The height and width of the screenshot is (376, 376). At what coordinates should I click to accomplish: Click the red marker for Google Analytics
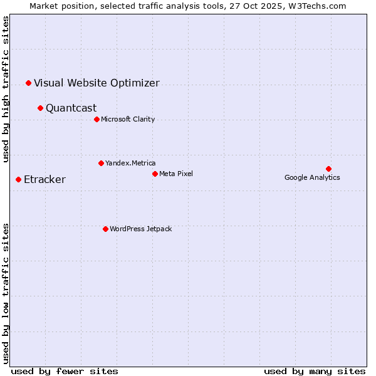[x=328, y=169]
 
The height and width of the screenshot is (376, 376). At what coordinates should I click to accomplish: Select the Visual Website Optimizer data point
[x=28, y=83]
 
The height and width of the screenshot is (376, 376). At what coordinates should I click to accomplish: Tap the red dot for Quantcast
[x=40, y=108]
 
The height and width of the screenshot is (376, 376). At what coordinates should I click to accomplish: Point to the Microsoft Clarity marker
[x=97, y=119]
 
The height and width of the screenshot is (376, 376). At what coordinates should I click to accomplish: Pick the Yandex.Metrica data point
[x=101, y=163]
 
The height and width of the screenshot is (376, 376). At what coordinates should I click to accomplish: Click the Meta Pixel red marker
[x=155, y=174]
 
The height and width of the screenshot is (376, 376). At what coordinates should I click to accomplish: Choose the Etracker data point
[x=18, y=179]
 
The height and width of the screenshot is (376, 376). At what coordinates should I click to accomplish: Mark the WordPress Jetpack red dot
[x=105, y=229]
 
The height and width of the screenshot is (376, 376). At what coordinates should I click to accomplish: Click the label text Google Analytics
[x=312, y=177]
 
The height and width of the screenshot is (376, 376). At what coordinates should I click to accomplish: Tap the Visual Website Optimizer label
[x=97, y=83]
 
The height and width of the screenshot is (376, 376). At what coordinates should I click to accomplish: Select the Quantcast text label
[x=71, y=108]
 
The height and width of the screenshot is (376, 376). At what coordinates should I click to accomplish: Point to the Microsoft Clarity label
[x=128, y=119]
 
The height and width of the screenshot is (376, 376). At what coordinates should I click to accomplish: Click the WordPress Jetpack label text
[x=140, y=229]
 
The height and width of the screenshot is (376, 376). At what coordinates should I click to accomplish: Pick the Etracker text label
[x=44, y=180]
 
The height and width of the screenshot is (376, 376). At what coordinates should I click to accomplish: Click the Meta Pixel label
[x=176, y=174]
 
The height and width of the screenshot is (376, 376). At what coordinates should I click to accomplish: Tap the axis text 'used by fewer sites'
[x=65, y=371]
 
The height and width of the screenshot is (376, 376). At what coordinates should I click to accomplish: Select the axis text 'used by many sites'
[x=315, y=371]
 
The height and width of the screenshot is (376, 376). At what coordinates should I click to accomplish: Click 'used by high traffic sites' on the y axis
[x=6, y=89]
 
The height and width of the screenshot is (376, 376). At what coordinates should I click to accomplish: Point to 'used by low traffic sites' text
[x=6, y=293]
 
